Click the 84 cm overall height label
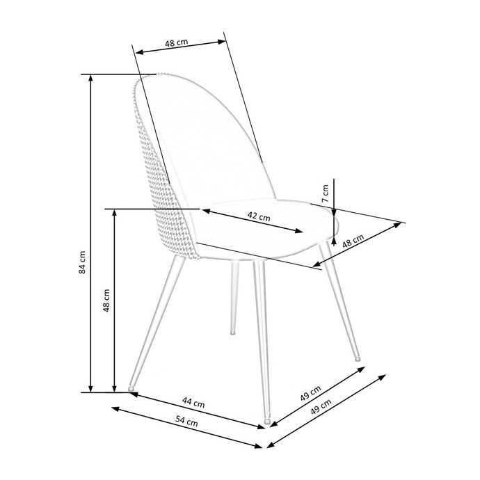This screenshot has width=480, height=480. tap(82, 262)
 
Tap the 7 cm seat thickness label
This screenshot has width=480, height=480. tap(326, 193)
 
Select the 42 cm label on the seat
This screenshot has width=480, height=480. tap(259, 216)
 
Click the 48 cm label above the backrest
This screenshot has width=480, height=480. tap(177, 42)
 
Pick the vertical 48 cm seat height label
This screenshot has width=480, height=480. tap(106, 301)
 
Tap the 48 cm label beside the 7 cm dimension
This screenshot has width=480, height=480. tap(353, 241)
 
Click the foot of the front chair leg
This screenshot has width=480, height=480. tap(267, 422)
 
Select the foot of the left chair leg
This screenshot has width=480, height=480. tap(131, 388)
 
